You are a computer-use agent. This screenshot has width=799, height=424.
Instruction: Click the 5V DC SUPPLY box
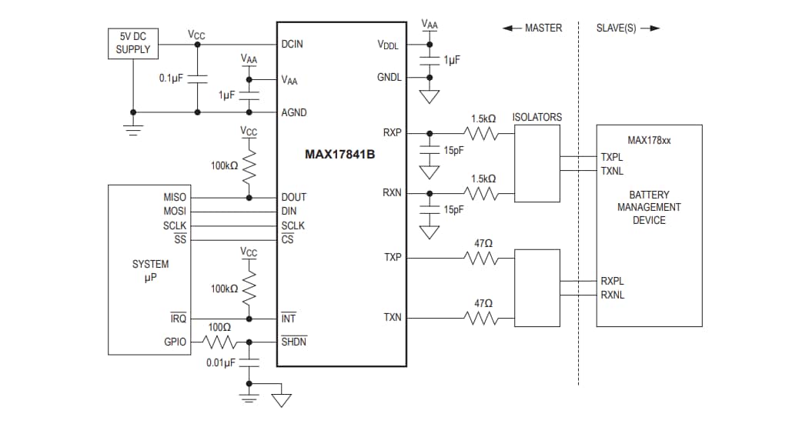[x=133, y=44]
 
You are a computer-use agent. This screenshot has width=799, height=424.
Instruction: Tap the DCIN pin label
[x=293, y=44]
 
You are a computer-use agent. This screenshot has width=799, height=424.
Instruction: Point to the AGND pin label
[x=294, y=112]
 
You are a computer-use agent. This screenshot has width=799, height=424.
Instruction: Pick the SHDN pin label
[x=294, y=341]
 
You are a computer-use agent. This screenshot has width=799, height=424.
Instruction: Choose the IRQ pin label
[x=178, y=319]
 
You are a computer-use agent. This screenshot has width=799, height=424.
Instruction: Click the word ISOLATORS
[x=537, y=118]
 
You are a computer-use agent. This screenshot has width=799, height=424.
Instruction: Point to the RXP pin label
[x=392, y=132]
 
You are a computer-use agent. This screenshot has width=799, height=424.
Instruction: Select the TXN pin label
[x=392, y=318]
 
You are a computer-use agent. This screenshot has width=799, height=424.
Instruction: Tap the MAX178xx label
[x=649, y=141]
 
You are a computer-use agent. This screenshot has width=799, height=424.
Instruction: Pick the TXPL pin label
[x=613, y=157]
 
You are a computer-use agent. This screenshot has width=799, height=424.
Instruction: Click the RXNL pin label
[x=613, y=295]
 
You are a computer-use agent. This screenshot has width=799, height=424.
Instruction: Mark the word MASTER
[x=543, y=28]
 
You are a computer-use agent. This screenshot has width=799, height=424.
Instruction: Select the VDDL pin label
[x=388, y=45]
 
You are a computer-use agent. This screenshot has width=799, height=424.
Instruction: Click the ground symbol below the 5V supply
[x=134, y=129]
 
